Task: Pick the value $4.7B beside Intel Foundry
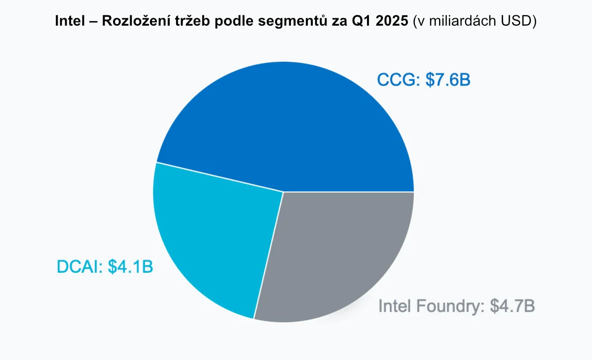(x=513, y=306)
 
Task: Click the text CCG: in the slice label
(x=399, y=80)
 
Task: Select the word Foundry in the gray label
(x=449, y=306)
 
